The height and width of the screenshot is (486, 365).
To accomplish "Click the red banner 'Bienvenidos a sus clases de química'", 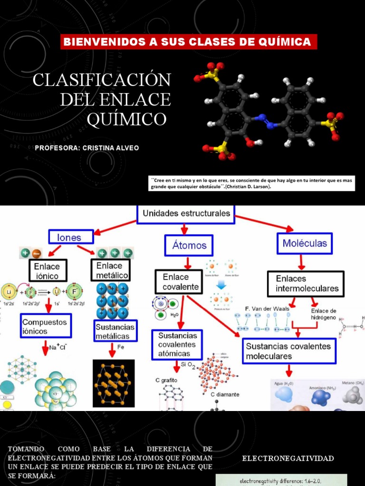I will tap(187, 42).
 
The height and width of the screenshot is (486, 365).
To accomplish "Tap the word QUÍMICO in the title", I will tap(127, 119).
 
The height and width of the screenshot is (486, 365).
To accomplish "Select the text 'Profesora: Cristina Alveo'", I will tap(87, 148).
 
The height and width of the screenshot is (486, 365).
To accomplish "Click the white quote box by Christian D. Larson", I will tap(252, 183).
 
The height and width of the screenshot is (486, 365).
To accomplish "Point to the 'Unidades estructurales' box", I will tap(186, 214).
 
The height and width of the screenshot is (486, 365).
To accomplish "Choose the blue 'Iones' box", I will tap(69, 237).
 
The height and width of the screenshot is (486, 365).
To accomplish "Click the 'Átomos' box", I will tap(189, 245).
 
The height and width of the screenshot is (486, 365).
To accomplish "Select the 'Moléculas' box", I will tap(305, 243).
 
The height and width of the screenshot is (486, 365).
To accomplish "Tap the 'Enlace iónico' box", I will tap(48, 271).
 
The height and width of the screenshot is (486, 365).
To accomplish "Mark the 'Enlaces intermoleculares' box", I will tap(306, 284).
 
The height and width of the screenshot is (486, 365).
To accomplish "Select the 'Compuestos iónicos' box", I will tap(46, 326).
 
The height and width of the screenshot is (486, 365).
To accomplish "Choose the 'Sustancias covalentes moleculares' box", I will tap(289, 351).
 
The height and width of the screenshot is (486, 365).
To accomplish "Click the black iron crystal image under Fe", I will tap(114, 383).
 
